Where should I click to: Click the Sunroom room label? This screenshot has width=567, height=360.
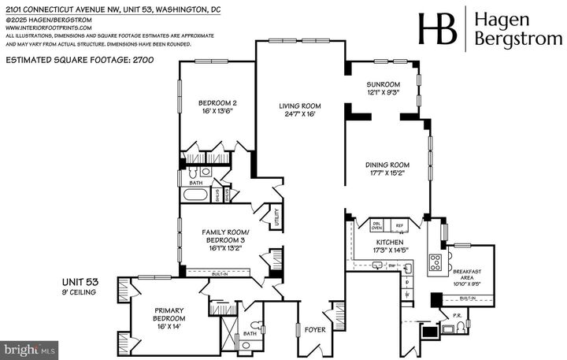(384, 84)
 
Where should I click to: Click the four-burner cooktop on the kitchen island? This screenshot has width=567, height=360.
(434, 263)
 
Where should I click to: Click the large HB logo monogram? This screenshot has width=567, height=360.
(438, 28)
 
